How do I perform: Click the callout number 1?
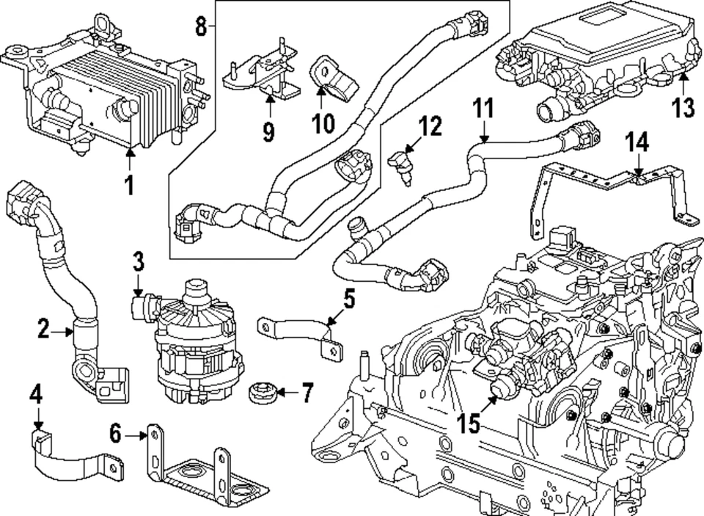pos(129,185)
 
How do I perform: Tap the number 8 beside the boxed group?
pos(201,28)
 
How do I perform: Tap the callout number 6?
pos(115,435)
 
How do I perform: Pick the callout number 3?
pos(139,261)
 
